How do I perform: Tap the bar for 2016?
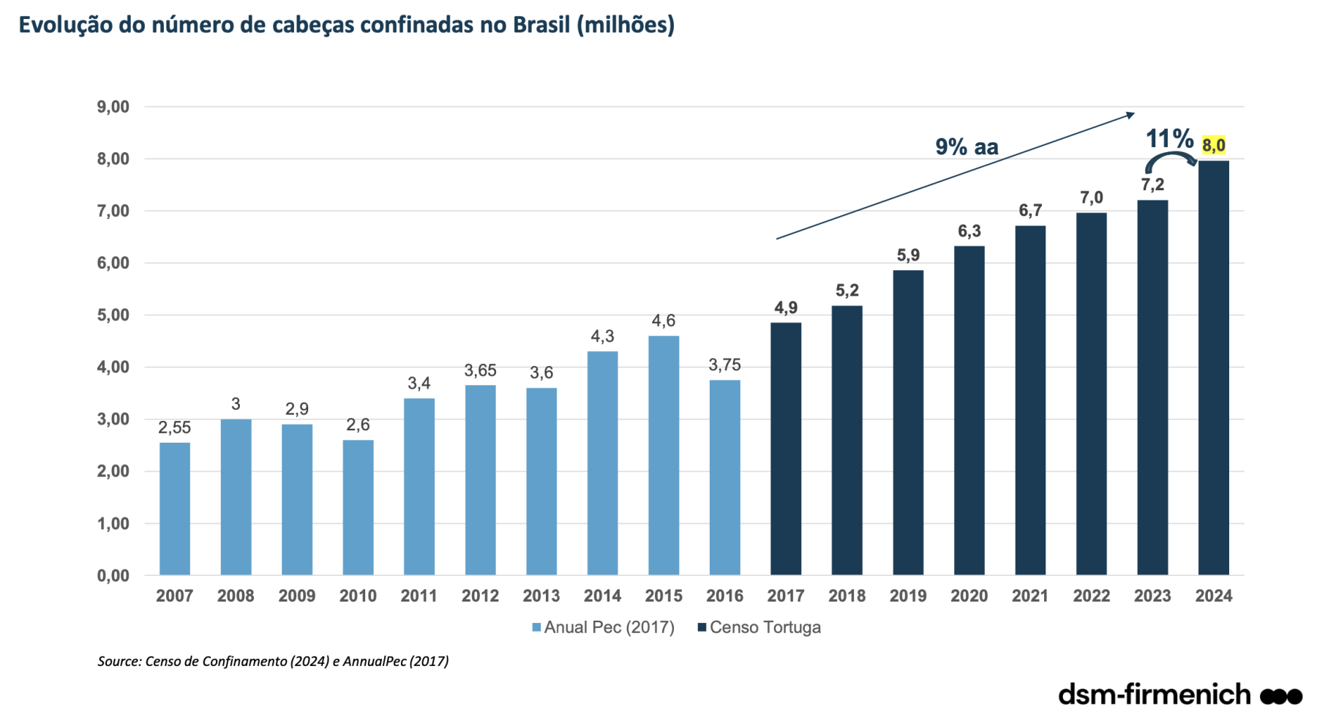pos(724,477)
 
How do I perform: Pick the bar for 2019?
pos(907,422)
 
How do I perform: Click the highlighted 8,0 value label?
pos(1213,146)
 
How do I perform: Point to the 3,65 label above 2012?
pos(480,370)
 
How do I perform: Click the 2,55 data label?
pos(174,427)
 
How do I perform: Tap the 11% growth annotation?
pos(1168,138)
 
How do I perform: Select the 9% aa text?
pos(966,147)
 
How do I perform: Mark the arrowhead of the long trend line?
pos(1130,115)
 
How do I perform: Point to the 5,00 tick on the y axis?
pos(113,315)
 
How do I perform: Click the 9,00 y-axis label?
pos(113,107)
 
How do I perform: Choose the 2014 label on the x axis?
pos(602,596)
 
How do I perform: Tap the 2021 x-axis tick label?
pos(1029,596)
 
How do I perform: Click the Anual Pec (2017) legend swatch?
pos(536,627)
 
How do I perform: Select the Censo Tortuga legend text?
pos(765,627)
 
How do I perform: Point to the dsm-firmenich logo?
pos(1179,694)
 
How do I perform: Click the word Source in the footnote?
pos(119,661)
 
